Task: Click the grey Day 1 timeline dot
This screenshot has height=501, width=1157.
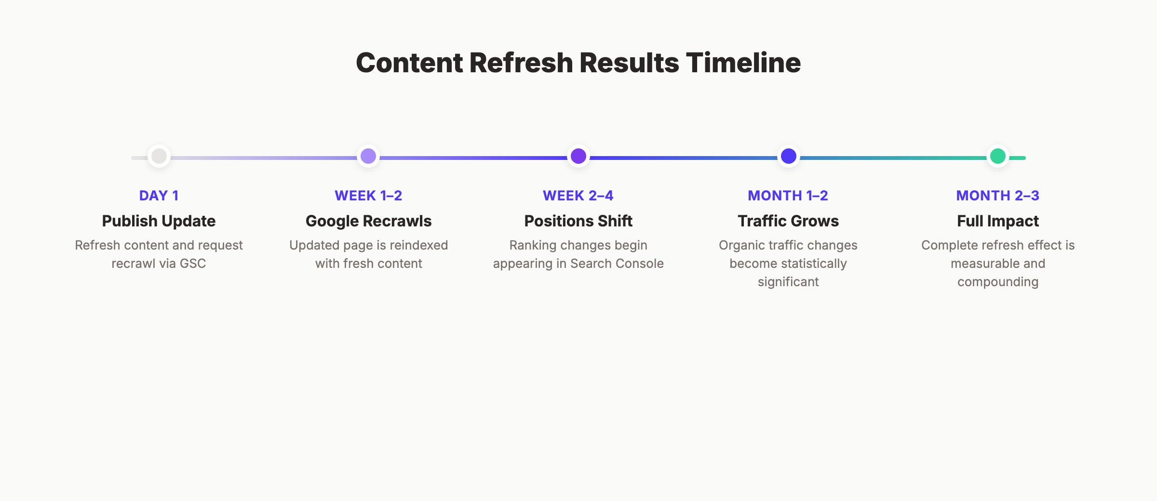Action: [x=159, y=156]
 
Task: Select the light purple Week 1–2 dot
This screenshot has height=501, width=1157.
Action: [x=368, y=156]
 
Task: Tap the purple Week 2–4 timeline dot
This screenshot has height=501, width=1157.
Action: [x=578, y=156]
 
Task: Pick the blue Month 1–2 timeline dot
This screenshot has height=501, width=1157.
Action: [x=788, y=156]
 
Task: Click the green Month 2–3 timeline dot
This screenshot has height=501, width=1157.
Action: [x=997, y=156]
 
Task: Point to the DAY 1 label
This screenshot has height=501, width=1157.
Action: [x=159, y=196]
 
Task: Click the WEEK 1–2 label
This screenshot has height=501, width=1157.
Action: [x=368, y=196]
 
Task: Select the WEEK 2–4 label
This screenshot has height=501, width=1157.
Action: [x=578, y=196]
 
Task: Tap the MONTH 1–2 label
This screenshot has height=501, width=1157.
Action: [x=788, y=196]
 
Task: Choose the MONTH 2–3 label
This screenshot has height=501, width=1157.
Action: [x=997, y=196]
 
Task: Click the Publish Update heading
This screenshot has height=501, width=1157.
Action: [x=159, y=221]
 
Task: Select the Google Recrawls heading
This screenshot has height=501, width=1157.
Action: [x=368, y=221]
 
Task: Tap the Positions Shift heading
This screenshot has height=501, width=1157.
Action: [x=578, y=221]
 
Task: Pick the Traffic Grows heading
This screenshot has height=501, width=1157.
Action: [x=788, y=221]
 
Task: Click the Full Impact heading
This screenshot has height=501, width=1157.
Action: [x=997, y=221]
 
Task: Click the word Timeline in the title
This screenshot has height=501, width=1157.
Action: [x=743, y=63]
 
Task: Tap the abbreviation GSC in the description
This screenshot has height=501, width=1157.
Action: [x=193, y=264]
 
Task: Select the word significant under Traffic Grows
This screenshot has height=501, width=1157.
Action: [x=788, y=282]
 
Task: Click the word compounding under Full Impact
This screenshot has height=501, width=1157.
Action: [x=997, y=282]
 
